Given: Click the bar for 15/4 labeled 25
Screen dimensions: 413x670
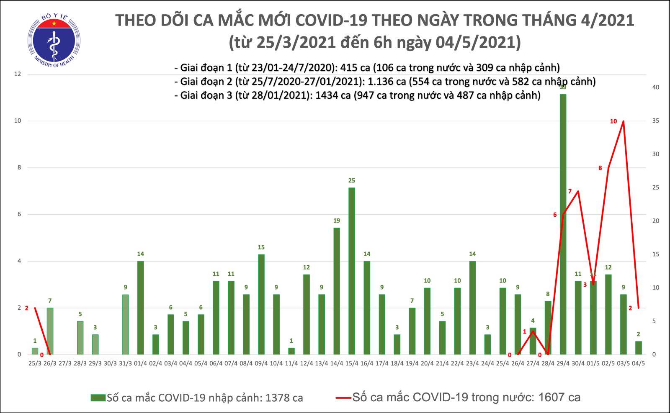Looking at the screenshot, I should point(352,271).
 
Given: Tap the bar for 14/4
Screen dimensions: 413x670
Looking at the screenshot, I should point(337,291).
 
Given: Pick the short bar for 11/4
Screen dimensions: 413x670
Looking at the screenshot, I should point(291,351).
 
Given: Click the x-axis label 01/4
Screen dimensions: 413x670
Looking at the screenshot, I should point(140,363).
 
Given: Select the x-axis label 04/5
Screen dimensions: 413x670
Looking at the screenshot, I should point(639,363).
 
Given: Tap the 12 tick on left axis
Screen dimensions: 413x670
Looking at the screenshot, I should point(18,74).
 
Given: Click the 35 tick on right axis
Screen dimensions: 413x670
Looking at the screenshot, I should point(656,121).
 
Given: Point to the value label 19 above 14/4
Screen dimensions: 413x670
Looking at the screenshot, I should point(337,221).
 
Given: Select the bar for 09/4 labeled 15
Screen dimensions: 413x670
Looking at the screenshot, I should point(261,305).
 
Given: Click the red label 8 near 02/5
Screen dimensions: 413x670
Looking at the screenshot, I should point(600,168).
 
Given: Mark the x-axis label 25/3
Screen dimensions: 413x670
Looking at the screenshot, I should point(35,363).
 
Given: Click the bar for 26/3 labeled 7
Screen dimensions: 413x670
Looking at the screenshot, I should point(50,331).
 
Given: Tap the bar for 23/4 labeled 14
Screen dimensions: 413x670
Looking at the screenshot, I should point(472,308).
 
